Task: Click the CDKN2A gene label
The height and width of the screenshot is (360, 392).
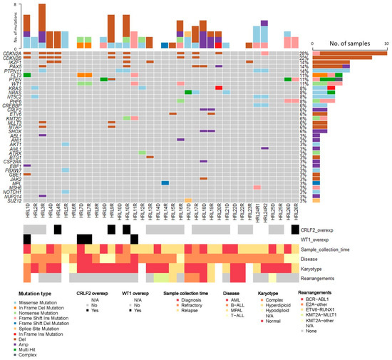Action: point(11,53)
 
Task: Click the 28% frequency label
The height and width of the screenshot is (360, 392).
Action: point(304,53)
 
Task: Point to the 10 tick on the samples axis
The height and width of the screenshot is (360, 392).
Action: point(386,44)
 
